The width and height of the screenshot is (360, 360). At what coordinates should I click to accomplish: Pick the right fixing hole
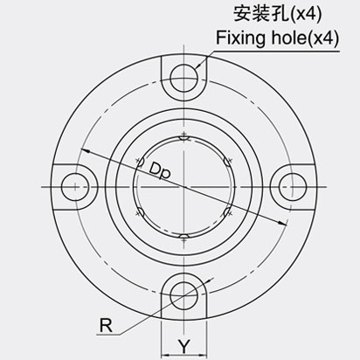[289, 185]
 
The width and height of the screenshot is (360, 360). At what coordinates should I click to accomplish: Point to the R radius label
[107, 327]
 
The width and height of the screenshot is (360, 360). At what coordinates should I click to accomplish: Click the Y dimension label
[183, 343]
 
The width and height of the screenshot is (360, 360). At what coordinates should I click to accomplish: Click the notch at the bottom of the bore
[183, 235]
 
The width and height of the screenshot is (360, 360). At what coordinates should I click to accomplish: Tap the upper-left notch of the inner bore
[140, 161]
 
